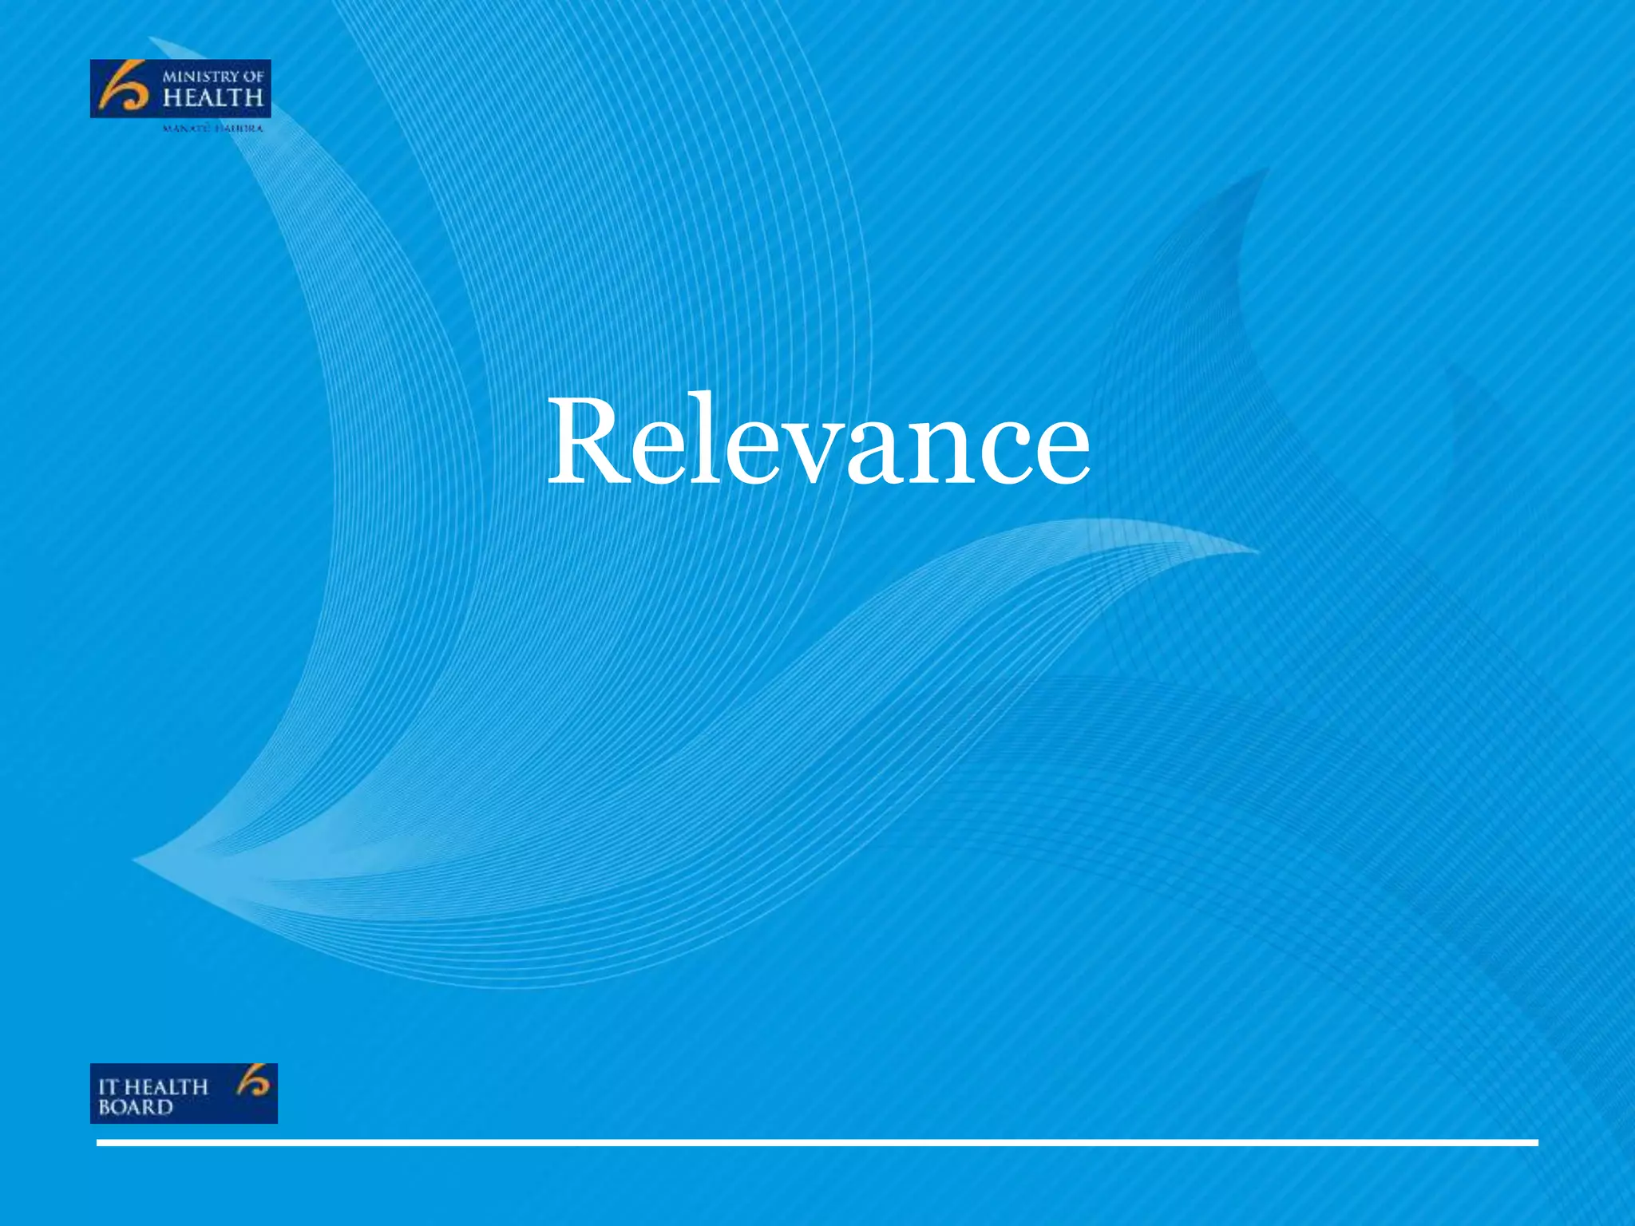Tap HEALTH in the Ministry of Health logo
tap(212, 98)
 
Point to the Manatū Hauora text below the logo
tap(212, 128)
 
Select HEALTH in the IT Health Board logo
tap(166, 1086)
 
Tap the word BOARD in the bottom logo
tap(135, 1107)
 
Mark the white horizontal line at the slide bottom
tap(817, 1143)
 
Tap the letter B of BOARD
tap(105, 1107)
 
